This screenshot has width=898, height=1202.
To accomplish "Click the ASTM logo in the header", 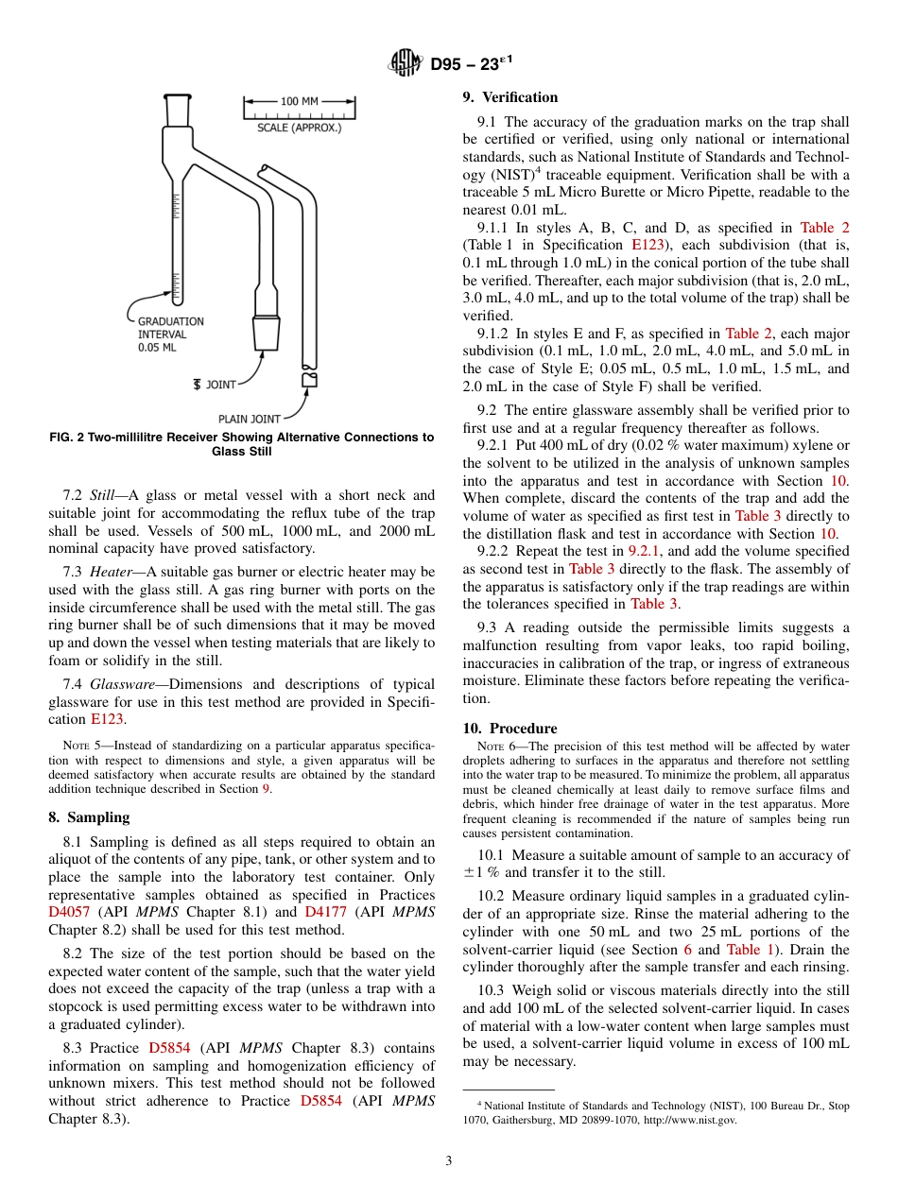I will click(406, 64).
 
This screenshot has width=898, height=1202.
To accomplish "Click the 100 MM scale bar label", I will click(300, 100).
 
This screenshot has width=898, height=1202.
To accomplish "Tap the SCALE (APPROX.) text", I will click(300, 128).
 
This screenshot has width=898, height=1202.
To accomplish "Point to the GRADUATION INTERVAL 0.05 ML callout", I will click(170, 335).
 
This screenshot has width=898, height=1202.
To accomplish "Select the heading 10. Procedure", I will click(509, 729).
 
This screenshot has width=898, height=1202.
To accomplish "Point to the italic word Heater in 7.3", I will click(112, 572).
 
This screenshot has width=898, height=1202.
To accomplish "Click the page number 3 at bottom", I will click(449, 1161).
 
